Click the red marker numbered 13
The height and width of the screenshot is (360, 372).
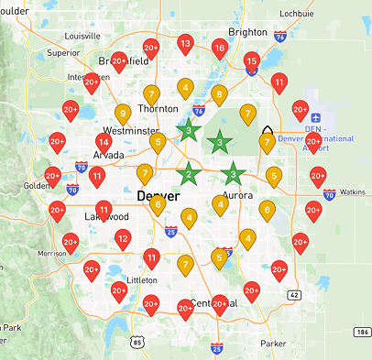185,44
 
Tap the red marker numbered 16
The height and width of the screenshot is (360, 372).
219,48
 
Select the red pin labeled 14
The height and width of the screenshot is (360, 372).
104,143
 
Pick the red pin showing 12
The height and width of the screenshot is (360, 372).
122,240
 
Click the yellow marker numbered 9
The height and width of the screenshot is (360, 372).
122,114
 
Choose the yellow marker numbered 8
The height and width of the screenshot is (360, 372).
218,93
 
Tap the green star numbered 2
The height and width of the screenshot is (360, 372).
188,174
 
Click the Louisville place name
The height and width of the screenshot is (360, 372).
83,36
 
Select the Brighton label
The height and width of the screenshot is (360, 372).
246,30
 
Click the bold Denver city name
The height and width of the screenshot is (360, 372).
158,195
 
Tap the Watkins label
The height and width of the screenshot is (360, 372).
352,191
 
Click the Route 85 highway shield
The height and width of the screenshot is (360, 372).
137,343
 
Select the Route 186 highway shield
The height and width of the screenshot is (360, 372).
364,331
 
